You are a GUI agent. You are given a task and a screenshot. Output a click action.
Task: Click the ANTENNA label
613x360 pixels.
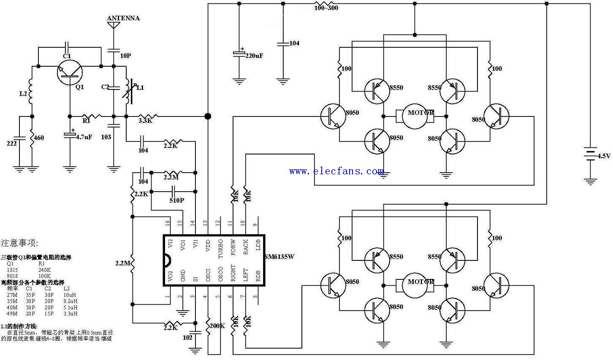click(x=123, y=18)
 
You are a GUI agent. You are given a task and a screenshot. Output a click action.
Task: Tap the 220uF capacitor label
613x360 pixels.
click(x=254, y=55)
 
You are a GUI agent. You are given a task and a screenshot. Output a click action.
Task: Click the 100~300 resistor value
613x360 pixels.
click(x=326, y=8)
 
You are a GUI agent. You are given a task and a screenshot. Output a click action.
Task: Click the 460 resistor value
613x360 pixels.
click(x=38, y=138)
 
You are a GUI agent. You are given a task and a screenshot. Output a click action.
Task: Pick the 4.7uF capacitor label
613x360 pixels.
click(x=84, y=137)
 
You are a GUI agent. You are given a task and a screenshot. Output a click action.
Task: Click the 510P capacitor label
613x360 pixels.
click(x=176, y=200)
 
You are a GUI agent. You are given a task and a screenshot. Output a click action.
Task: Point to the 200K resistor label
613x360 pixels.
click(x=218, y=326)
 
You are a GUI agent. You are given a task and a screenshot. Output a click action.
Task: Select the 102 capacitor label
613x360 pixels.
click(x=187, y=338)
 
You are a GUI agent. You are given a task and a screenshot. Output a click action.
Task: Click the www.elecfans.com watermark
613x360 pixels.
click(x=336, y=171)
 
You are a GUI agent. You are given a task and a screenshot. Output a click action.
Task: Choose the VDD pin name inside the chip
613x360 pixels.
click(x=208, y=246)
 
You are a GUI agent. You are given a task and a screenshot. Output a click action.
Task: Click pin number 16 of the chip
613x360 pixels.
click(x=168, y=222)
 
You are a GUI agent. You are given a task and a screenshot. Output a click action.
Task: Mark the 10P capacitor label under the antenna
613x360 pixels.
click(x=126, y=56)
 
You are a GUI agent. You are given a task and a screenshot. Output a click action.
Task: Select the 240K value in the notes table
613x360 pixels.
click(x=44, y=269)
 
